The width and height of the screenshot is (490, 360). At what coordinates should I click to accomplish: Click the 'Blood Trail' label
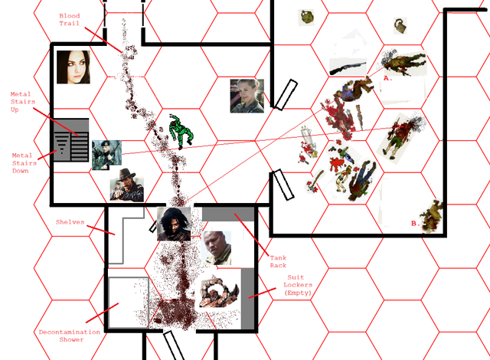tap(70, 19)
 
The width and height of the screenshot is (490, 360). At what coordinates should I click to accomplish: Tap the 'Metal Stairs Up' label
tap(22, 102)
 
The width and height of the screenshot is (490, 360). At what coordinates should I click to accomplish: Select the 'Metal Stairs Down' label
tap(24, 163)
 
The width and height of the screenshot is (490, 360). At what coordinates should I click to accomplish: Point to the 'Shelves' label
tap(70, 222)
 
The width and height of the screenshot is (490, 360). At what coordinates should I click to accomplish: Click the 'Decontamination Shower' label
tap(70, 335)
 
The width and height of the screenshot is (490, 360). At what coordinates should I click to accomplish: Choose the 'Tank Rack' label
tap(278, 261)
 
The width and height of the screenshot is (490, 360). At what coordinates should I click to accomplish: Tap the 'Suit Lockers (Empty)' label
tap(297, 285)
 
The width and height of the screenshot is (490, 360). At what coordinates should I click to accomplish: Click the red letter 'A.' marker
tap(387, 78)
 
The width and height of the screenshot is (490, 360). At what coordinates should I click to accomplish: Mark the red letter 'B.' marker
tap(415, 224)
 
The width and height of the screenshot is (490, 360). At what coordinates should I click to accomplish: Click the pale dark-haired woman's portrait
tap(73, 67)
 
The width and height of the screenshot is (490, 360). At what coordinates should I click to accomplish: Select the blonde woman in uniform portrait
tap(247, 96)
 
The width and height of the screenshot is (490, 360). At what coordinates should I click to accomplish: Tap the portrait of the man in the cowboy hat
tap(127, 185)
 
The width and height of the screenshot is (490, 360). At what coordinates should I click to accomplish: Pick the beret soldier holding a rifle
tap(106, 155)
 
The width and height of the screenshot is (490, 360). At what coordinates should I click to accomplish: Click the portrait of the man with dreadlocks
tap(174, 224)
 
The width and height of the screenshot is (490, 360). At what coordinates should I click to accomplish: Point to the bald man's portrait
tap(217, 248)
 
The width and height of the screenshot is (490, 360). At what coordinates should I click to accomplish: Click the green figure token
tap(181, 132)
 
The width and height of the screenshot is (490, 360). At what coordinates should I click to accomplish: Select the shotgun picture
tap(348, 67)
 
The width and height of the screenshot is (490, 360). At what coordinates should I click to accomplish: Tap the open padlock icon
tap(400, 26)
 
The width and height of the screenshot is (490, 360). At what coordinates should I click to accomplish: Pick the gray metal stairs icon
tap(71, 139)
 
